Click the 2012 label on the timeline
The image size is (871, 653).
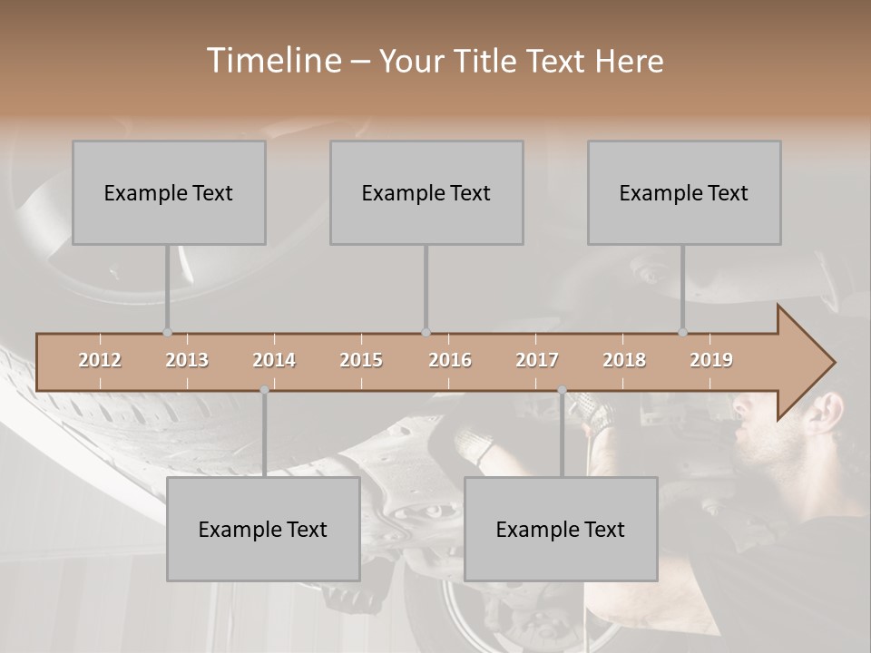tap(100, 360)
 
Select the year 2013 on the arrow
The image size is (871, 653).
tap(187, 360)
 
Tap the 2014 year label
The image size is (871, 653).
tap(274, 360)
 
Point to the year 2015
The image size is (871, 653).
tap(361, 360)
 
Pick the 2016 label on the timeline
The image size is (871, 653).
tap(450, 360)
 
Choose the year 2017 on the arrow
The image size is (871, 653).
tap(537, 360)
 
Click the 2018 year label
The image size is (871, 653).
tap(624, 360)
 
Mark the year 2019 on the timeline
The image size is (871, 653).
tap(711, 360)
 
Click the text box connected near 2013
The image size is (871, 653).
tap(169, 192)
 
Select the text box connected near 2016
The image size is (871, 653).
tap(426, 192)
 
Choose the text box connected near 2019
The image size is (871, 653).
tap(684, 192)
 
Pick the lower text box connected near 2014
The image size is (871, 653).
tap(263, 529)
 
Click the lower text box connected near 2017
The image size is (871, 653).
tap(561, 529)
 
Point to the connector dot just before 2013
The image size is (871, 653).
tap(167, 333)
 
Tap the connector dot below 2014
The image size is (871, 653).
tap(264, 390)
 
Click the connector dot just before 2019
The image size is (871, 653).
tap(682, 333)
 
